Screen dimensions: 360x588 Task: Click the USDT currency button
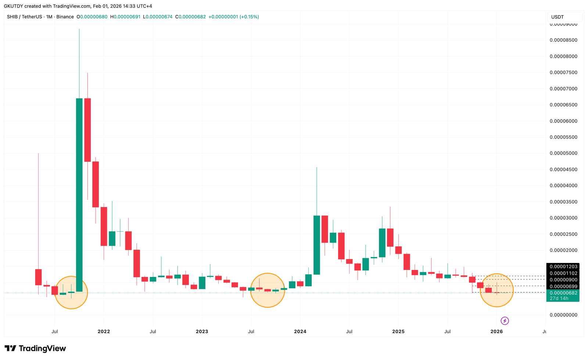coord(557,17)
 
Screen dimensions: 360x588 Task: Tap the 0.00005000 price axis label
coord(563,153)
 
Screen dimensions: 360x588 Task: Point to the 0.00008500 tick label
coord(563,40)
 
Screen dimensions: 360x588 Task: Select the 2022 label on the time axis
coord(104,331)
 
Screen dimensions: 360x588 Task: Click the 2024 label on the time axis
coord(300,331)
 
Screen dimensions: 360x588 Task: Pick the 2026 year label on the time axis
coord(496,331)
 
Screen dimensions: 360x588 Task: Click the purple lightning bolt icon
coord(505,321)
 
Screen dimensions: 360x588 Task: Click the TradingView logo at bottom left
coord(35,348)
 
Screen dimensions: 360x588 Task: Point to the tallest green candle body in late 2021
coord(79,195)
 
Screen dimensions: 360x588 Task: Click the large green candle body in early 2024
coord(316,245)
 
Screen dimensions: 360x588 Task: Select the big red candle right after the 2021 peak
coord(87,130)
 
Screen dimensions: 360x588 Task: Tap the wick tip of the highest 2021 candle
coord(79,29)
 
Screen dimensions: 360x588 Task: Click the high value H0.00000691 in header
coord(125,17)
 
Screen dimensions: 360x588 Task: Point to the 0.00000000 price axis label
coord(563,315)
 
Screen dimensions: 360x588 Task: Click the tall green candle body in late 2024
coord(382,243)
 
